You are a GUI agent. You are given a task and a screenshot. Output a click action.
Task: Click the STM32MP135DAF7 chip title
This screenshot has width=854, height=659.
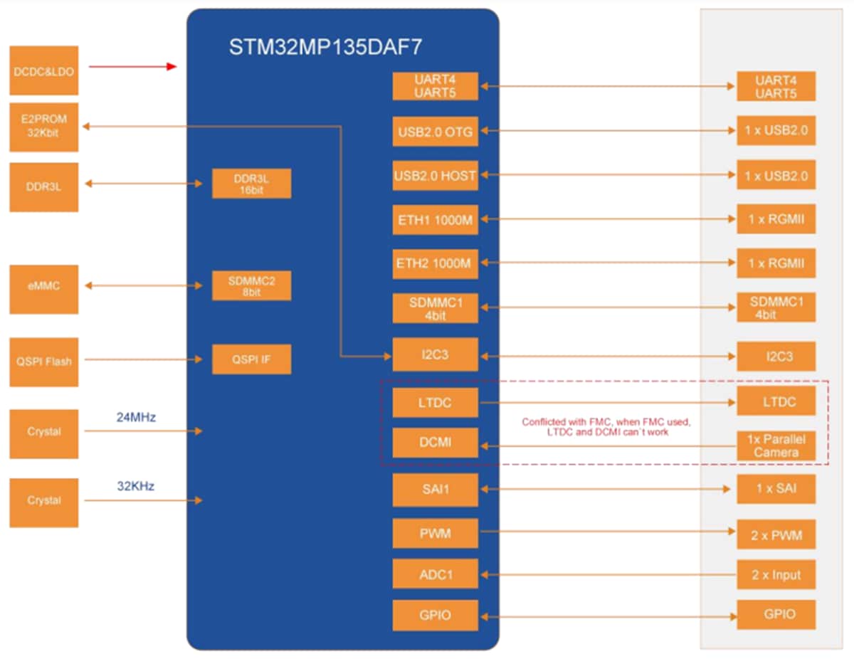click(x=325, y=48)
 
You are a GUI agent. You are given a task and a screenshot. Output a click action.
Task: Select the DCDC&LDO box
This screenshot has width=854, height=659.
click(x=43, y=71)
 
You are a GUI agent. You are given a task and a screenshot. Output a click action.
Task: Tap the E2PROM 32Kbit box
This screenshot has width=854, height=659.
click(x=43, y=127)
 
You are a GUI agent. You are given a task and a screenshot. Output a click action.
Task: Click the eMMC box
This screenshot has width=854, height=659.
click(x=43, y=286)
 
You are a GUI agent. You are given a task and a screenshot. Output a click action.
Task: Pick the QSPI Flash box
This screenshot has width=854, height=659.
click(x=43, y=361)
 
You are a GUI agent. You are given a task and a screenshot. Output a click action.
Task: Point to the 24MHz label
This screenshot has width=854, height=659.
click(x=136, y=417)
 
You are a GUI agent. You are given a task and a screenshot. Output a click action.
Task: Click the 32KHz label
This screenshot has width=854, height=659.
click(x=136, y=487)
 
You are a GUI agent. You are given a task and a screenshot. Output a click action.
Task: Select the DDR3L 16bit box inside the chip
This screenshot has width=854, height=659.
click(x=251, y=184)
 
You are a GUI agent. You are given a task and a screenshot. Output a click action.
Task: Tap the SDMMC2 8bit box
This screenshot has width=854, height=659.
click(x=251, y=286)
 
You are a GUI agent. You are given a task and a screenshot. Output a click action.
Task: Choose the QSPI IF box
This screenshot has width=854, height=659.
click(x=251, y=360)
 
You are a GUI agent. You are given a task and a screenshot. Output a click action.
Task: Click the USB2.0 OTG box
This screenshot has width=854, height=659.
click(x=435, y=131)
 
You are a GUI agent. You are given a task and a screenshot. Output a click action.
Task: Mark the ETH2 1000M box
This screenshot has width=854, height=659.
click(x=435, y=264)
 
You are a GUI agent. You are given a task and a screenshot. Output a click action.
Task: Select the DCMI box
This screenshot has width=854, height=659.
click(x=435, y=443)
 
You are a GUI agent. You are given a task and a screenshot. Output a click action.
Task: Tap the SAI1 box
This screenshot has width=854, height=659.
click(x=435, y=489)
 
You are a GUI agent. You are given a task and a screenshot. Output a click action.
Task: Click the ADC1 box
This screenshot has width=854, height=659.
click(x=435, y=574)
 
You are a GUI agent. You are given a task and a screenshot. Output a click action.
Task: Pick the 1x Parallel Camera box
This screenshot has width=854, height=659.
click(x=776, y=446)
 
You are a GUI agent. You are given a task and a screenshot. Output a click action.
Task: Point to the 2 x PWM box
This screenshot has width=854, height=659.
click(x=776, y=535)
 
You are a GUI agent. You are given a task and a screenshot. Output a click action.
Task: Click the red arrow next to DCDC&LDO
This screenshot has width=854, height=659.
click(x=132, y=67)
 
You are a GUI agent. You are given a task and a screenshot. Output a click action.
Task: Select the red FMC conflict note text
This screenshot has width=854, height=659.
click(x=606, y=427)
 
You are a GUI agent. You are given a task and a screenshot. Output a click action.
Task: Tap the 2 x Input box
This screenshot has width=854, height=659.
click(x=776, y=575)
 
